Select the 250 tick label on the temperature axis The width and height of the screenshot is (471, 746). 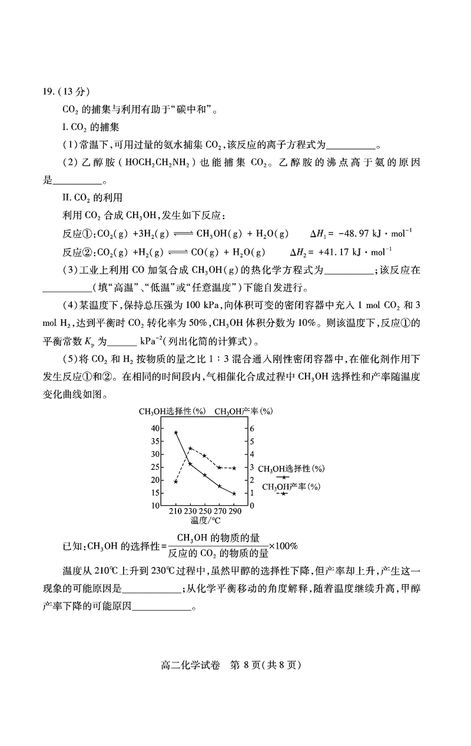click(x=204, y=512)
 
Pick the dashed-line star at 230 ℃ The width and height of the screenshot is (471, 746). click(x=190, y=448)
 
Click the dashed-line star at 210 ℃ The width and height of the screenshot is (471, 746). click(x=176, y=482)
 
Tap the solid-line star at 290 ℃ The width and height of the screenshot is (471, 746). click(x=234, y=493)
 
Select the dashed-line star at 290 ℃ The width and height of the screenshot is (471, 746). click(x=234, y=468)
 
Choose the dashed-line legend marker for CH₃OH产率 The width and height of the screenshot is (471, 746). click(x=284, y=493)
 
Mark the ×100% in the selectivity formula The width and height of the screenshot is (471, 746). click(x=284, y=546)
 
